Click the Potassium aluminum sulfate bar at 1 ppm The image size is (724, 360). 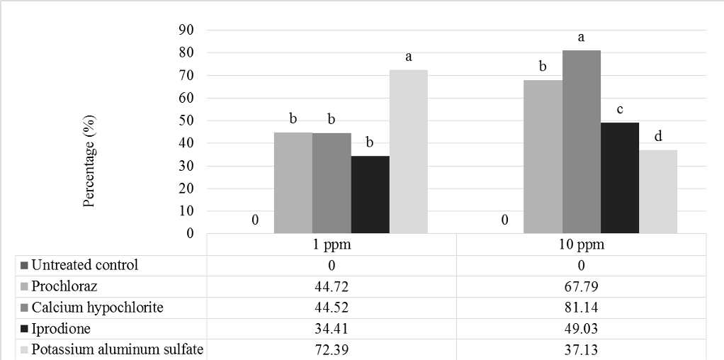(409, 152)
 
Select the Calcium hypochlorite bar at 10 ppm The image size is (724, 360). (582, 142)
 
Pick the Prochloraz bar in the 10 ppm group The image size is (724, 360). (543, 157)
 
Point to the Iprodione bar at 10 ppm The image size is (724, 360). (620, 178)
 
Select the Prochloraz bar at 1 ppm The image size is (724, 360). (293, 183)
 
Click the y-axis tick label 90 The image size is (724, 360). (188, 30)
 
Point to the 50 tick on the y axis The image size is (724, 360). (188, 120)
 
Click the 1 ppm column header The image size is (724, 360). (331, 244)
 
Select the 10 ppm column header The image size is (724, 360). (581, 244)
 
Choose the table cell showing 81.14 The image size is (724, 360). (581, 308)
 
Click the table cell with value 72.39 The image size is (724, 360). (331, 349)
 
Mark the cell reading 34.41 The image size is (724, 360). (331, 329)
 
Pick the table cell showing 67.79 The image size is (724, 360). (581, 287)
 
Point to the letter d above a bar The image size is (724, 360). (658, 136)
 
